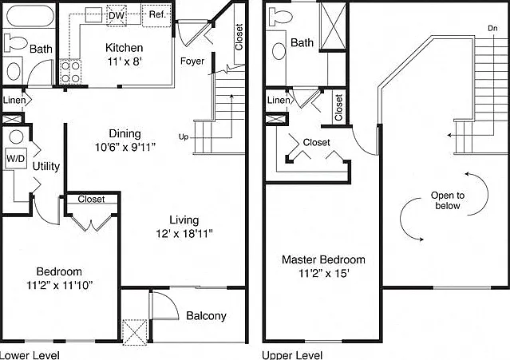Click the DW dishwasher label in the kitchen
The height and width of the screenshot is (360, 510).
116,15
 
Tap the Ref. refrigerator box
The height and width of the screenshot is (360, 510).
156,15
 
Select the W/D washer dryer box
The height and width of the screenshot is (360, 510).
16,159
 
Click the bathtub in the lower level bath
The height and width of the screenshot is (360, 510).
30,16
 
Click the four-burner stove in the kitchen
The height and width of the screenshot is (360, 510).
70,72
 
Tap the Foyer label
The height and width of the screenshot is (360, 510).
192,61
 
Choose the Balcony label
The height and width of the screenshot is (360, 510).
206,316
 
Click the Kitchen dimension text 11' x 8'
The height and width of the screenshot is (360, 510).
125,61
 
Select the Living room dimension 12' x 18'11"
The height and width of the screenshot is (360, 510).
184,234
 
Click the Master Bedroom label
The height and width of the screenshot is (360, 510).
323,259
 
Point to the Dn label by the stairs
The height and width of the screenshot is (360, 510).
492,28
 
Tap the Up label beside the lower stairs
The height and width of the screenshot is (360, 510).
184,137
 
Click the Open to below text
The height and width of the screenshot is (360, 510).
448,200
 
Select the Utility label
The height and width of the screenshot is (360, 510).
46,167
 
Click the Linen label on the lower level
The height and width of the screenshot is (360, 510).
14,100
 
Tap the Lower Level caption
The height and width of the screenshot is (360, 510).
30,355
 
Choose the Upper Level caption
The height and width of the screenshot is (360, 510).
292,355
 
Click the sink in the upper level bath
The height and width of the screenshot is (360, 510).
279,51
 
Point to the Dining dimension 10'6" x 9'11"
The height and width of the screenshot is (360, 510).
125,148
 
